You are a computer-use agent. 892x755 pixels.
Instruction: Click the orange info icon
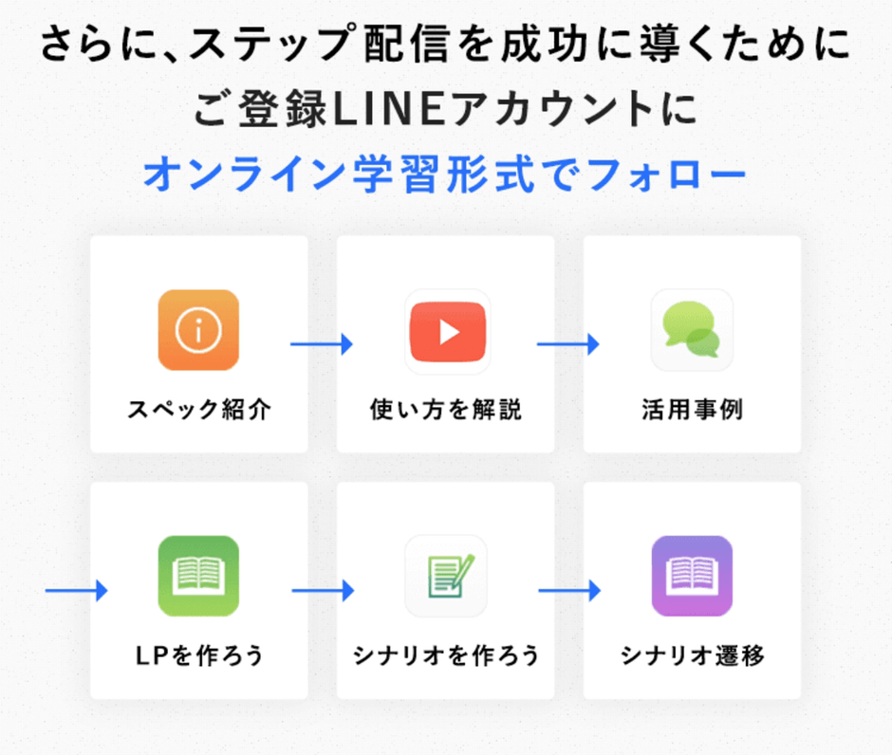198,330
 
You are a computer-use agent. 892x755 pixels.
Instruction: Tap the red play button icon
448,332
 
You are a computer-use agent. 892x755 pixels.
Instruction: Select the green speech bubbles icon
692,330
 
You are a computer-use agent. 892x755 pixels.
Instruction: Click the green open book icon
198,576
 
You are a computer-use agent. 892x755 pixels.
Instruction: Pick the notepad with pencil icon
446,576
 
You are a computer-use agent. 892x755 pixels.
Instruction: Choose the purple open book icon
692,576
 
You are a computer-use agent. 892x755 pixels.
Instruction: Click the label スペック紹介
199,410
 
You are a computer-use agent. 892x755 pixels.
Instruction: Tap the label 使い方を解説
446,410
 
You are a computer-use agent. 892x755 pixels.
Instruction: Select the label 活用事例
693,410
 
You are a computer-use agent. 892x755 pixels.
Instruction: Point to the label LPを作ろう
199,655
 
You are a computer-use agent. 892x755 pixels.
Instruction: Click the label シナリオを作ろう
446,655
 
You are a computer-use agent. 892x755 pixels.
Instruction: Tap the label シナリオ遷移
693,655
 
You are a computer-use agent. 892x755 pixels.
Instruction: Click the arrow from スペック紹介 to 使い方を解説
322,344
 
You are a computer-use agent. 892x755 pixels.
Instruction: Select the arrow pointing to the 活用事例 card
568,344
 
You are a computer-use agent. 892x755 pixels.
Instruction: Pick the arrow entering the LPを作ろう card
76,591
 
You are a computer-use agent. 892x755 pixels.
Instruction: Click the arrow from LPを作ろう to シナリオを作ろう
323,591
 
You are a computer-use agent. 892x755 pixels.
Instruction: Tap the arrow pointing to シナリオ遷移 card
569,591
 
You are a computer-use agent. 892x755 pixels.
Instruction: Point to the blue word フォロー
666,174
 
